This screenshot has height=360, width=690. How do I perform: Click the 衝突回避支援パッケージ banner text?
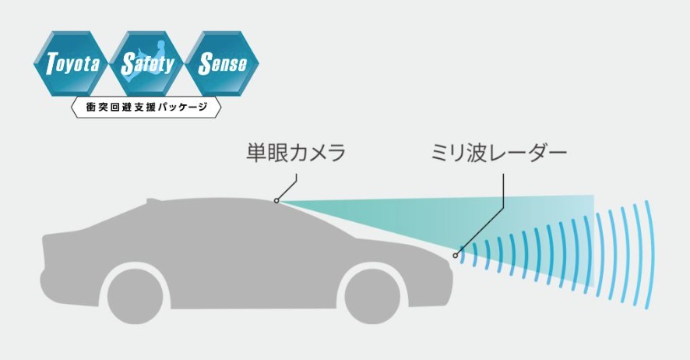[x=146, y=107]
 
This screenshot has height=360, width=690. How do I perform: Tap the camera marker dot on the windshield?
[x=276, y=200]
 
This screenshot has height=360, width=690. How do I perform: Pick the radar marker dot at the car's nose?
[x=455, y=255]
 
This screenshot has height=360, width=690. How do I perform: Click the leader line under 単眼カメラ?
[x=289, y=187]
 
